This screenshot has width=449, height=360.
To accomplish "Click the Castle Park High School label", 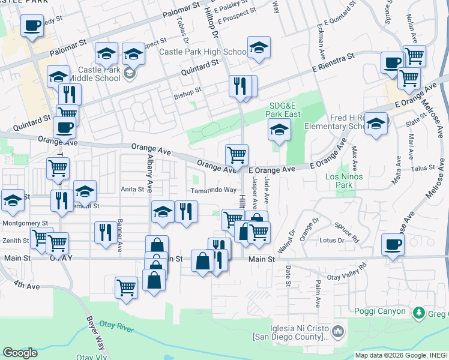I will (202, 52).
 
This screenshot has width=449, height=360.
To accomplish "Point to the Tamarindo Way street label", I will (214, 190).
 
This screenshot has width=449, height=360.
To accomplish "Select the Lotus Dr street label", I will (332, 241).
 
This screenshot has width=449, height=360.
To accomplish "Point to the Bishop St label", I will (187, 93).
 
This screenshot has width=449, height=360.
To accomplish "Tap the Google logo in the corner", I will (20, 352).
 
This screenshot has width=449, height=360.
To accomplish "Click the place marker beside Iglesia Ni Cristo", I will (338, 331).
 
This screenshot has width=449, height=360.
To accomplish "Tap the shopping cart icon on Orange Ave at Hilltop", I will (237, 155).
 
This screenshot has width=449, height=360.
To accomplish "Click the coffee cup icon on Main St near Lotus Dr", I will (393, 245).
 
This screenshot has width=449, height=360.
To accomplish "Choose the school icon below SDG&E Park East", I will (279, 130).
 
